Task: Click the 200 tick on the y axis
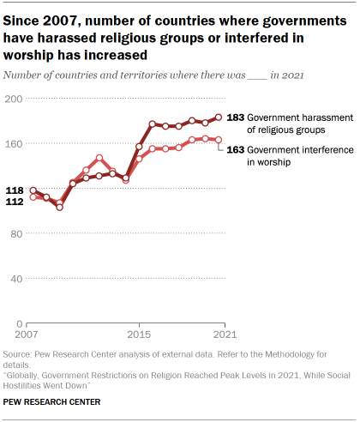(14, 99)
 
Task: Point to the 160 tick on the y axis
(14, 143)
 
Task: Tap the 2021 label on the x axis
(223, 334)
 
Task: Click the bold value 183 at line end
(236, 118)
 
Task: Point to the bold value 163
(236, 148)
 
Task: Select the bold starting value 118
(15, 190)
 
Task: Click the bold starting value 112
(15, 202)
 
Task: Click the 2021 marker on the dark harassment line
(219, 118)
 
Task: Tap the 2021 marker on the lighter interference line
(219, 140)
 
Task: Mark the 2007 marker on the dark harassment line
(33, 190)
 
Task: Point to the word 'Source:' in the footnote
(20, 354)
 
